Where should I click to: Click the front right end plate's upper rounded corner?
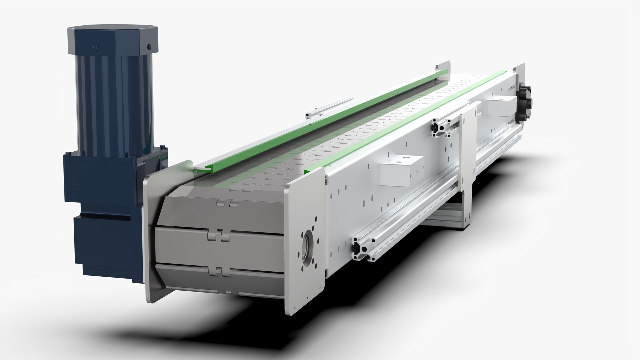coord(315,173)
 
